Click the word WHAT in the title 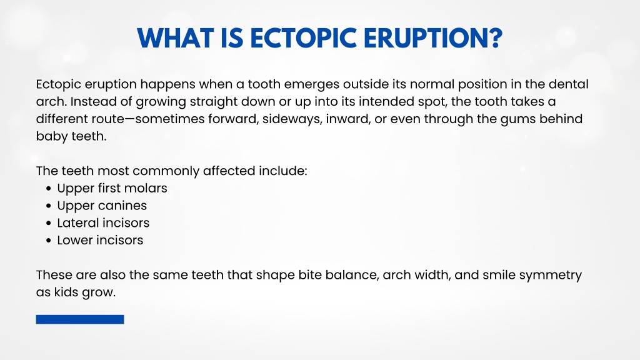175,38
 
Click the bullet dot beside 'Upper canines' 49,206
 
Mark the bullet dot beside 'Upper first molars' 49,189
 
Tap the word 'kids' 66,292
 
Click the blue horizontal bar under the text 80,319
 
